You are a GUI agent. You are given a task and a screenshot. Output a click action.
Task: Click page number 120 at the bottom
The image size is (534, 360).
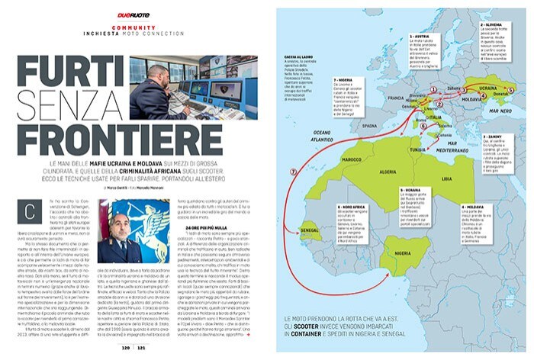127,346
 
